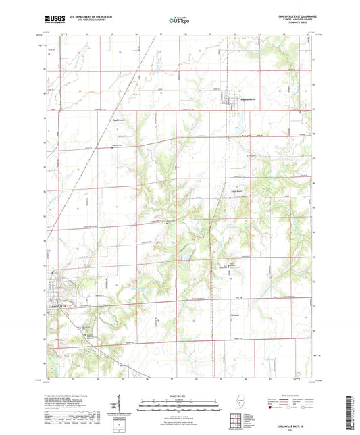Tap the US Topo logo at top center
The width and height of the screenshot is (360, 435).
coord(178,20)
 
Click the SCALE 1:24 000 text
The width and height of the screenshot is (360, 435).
coord(179,395)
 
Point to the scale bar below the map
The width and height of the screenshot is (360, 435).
coord(179,407)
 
